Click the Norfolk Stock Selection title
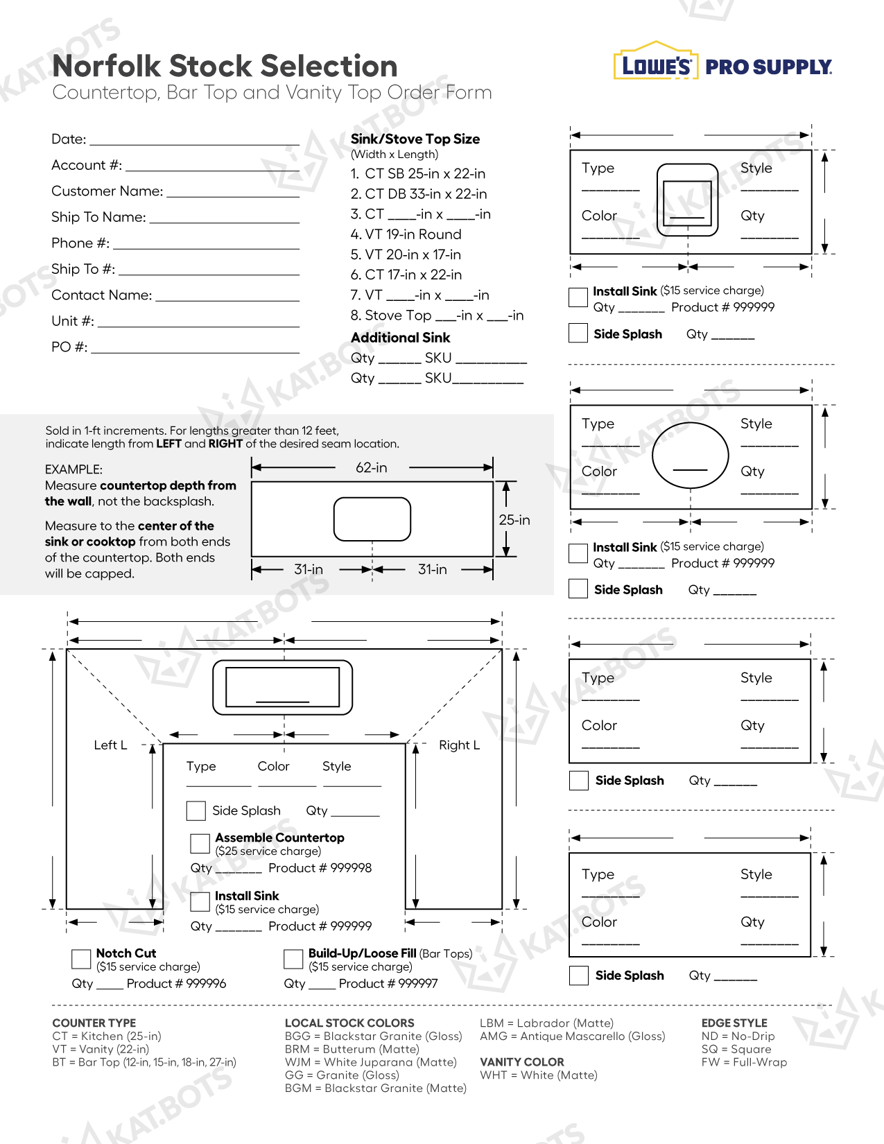point(225,67)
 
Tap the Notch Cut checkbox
point(81,959)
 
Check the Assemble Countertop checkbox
point(200,843)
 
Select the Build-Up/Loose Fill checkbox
point(293,959)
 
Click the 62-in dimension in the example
point(372,468)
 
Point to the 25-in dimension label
point(514,520)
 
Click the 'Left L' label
point(110,745)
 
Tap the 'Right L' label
point(459,745)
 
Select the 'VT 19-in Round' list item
point(406,234)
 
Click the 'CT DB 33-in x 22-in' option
point(419,194)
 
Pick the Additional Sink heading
point(400,338)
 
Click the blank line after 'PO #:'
point(195,352)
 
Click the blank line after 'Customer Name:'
point(233,196)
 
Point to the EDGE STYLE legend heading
point(734,1023)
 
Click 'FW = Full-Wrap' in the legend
point(744,1062)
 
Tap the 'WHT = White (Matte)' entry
point(538,1075)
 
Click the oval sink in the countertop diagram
point(690,456)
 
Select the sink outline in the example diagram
point(372,519)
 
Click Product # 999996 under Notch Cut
point(176,984)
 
